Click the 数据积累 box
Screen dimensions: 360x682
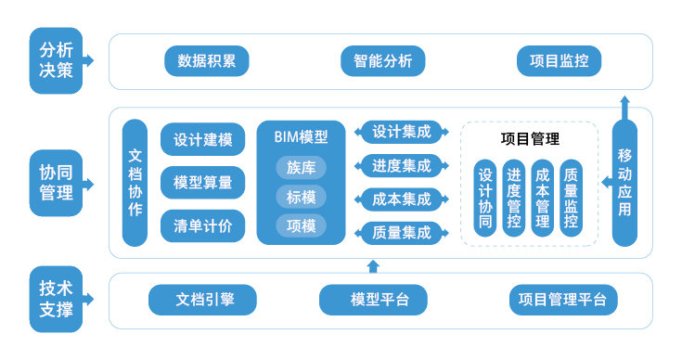point(206,62)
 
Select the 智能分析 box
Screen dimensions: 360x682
point(382,62)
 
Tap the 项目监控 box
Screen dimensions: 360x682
point(559,62)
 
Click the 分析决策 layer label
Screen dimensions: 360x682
point(57,60)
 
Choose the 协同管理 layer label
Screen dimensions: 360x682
point(57,183)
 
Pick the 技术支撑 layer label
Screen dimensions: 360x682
point(57,299)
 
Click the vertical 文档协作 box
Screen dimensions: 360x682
point(135,183)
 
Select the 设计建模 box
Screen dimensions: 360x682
point(202,141)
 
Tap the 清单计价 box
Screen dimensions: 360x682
point(202,225)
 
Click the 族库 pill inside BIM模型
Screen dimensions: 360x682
point(302,168)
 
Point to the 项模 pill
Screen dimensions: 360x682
point(302,225)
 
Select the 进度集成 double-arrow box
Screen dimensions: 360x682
point(402,166)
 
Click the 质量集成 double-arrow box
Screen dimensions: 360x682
point(402,233)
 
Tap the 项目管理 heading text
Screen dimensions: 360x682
point(530,139)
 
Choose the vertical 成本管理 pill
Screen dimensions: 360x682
point(543,198)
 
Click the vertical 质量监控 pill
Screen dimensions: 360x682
point(572,198)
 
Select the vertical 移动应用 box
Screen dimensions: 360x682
point(625,183)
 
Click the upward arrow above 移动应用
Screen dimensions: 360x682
point(625,105)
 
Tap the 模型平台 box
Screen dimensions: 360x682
point(375,300)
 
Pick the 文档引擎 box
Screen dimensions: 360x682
point(202,300)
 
